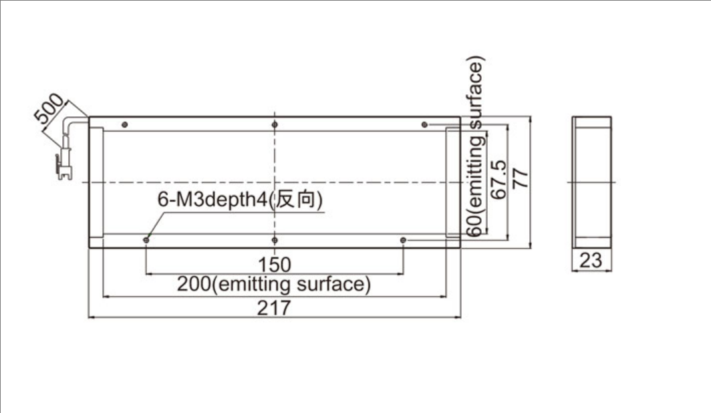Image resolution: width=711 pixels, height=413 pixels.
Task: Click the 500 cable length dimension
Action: point(49,108)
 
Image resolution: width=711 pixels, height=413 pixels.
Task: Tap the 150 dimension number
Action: point(275,265)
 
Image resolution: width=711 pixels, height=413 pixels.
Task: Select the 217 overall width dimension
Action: point(274,308)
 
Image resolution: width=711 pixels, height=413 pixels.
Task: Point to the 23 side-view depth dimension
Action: point(591,261)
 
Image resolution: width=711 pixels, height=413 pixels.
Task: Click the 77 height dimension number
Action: point(520,178)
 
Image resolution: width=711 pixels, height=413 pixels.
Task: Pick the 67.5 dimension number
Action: point(499,179)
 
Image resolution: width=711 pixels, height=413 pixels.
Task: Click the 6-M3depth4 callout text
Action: point(212,199)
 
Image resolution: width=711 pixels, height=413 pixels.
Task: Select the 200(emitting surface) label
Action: point(274,284)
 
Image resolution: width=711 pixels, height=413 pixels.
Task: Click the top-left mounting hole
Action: point(125,125)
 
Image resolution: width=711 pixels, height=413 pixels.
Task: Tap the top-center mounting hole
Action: point(275,125)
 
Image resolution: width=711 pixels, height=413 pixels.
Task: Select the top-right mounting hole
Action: point(424,125)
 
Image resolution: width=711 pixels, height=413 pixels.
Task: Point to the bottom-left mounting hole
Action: point(146,240)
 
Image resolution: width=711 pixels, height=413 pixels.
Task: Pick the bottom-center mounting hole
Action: point(275,240)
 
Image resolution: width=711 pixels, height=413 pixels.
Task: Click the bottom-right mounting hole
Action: point(403,240)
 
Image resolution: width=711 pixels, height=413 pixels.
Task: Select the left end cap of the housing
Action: point(96,182)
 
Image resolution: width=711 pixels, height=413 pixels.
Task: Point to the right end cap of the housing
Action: point(453,182)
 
